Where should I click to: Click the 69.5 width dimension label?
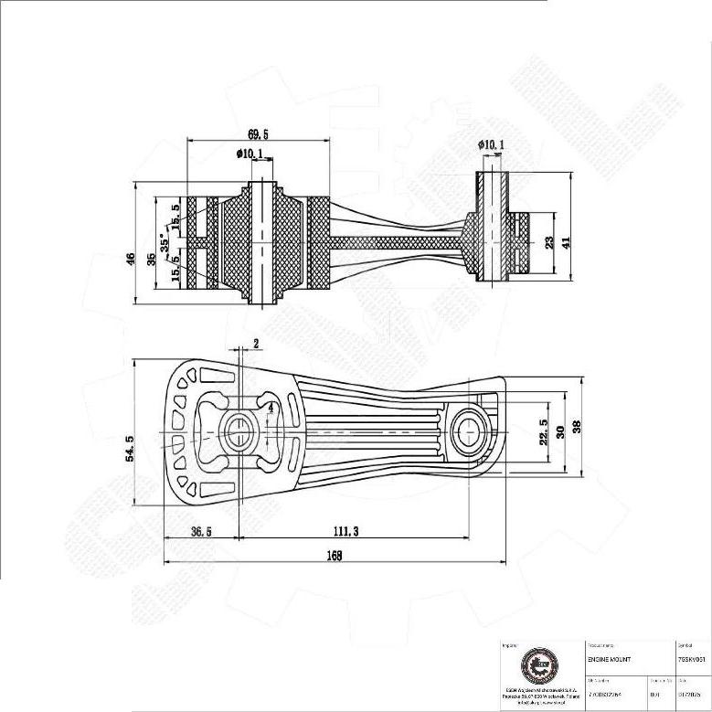click(258, 133)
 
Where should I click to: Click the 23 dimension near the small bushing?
click(549, 242)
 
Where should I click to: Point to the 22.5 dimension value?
click(543, 430)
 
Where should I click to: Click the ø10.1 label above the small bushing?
click(491, 144)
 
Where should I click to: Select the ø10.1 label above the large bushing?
click(250, 154)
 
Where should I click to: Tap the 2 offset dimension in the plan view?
click(256, 344)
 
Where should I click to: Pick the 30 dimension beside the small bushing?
click(560, 430)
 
